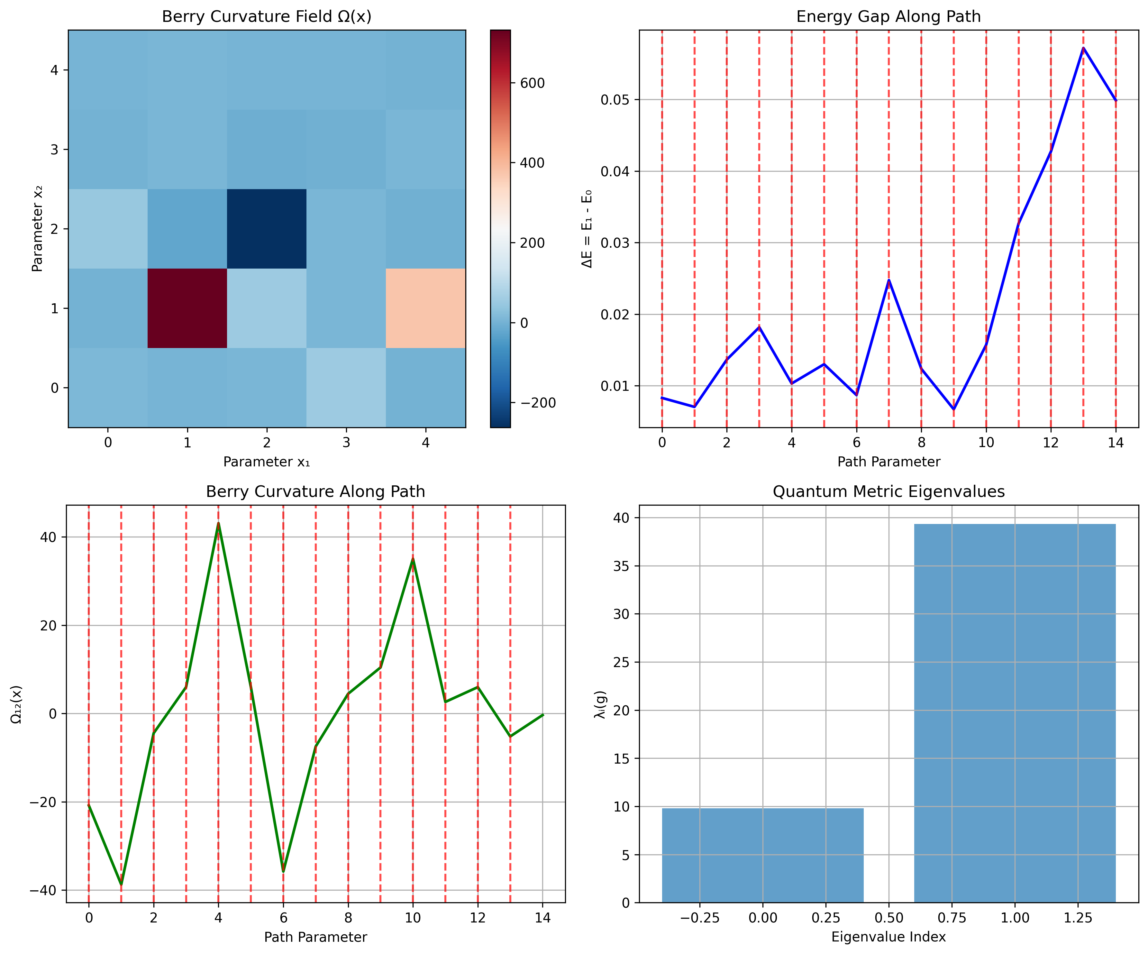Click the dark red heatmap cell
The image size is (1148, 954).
coord(187,308)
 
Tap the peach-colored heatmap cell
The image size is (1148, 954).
coord(425,308)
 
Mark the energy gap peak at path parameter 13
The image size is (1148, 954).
coord(1083,48)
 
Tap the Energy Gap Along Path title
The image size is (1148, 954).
coord(888,16)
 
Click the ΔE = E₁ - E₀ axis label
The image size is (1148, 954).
coord(587,228)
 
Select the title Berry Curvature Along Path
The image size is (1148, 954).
coord(315,491)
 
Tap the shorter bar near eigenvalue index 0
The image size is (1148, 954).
coord(763,856)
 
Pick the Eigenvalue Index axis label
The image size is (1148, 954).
coord(888,937)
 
